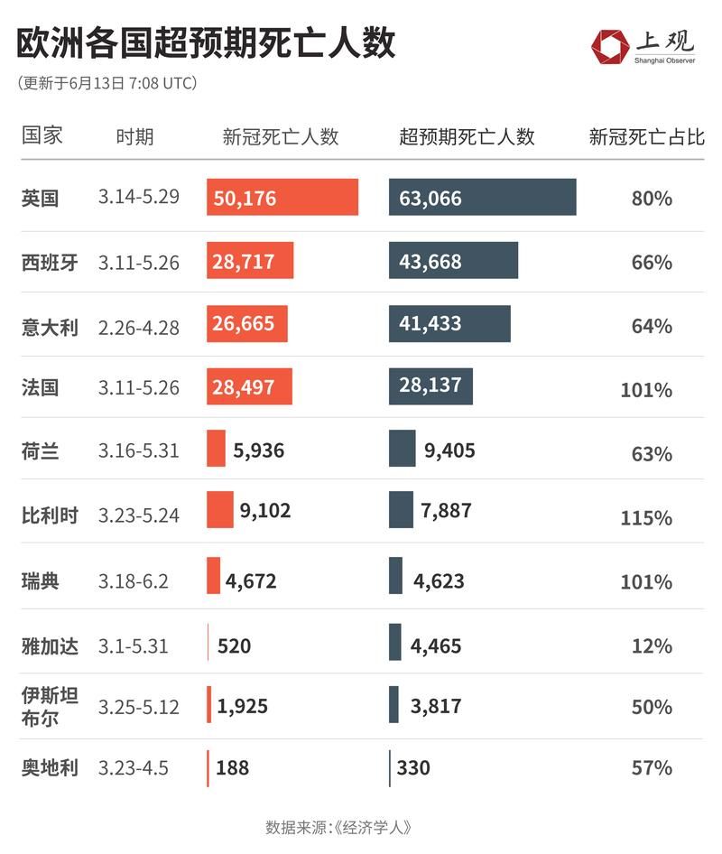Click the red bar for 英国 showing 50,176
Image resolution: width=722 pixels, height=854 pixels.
(x=282, y=198)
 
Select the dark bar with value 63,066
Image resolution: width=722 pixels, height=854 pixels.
(x=482, y=198)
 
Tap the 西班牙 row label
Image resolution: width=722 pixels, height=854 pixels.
(x=50, y=263)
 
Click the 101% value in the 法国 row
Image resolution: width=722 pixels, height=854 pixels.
(x=645, y=390)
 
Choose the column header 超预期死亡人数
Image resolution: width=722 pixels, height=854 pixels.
(x=467, y=136)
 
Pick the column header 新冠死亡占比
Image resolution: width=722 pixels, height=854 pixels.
(x=646, y=136)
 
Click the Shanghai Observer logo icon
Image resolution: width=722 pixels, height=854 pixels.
(x=610, y=45)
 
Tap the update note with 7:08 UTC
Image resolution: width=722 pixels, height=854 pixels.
(x=107, y=83)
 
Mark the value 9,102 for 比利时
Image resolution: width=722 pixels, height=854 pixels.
(x=264, y=511)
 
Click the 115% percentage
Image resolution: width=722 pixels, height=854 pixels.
(x=645, y=518)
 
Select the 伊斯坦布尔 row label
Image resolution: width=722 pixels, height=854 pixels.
(x=50, y=706)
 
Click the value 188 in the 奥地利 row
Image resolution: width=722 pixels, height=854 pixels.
(x=232, y=768)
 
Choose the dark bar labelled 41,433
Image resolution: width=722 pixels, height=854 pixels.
(x=449, y=323)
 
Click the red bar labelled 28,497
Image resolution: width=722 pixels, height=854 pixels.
(x=250, y=386)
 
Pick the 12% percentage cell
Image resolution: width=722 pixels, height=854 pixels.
(x=652, y=646)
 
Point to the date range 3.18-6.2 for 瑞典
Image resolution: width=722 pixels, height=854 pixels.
(x=134, y=580)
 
